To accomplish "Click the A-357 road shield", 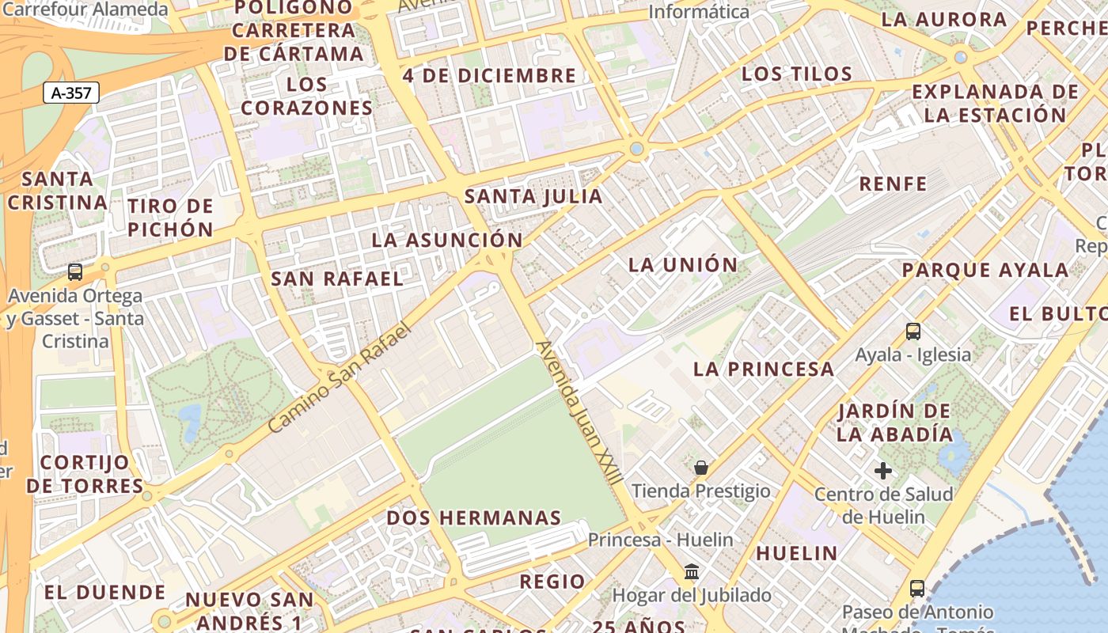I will point(71,93).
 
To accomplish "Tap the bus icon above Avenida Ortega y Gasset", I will point(75,272).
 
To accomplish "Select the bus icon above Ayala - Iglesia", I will point(913,332).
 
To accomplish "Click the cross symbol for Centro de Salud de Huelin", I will point(883,471).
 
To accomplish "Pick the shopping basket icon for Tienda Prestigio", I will point(700,468).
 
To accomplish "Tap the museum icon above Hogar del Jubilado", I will point(692,571).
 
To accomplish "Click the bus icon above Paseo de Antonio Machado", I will point(917,589).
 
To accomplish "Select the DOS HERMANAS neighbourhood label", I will point(474,518).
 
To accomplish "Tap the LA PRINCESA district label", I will point(764,369).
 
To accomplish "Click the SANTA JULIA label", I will point(533,196).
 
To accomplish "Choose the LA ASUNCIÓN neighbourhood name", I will point(447,240).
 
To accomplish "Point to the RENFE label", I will point(893,184).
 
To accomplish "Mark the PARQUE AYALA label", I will point(985,270).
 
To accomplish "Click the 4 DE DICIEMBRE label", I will point(489,76).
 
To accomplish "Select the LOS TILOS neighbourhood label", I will point(796,74).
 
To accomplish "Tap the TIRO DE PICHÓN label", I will point(171,218).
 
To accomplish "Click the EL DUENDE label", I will point(104,592).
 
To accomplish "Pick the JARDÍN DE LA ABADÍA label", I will point(894,423).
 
